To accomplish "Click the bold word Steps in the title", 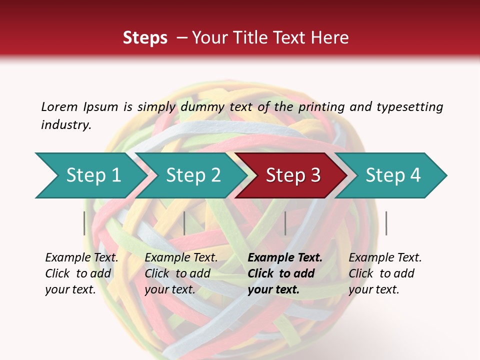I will (145, 38).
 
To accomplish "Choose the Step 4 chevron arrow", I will (393, 175).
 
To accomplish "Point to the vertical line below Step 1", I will (84, 223).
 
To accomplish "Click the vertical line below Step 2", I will (184, 223).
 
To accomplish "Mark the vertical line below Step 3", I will (285, 223).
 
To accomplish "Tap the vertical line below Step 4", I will (386, 223).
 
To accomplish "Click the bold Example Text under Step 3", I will (285, 273).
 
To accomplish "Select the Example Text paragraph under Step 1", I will (81, 273).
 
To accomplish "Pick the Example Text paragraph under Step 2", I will (181, 273).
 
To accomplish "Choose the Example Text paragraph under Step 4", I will (385, 273).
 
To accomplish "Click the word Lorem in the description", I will (59, 107).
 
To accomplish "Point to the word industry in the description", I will (66, 125).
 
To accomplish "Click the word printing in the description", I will (321, 107).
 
